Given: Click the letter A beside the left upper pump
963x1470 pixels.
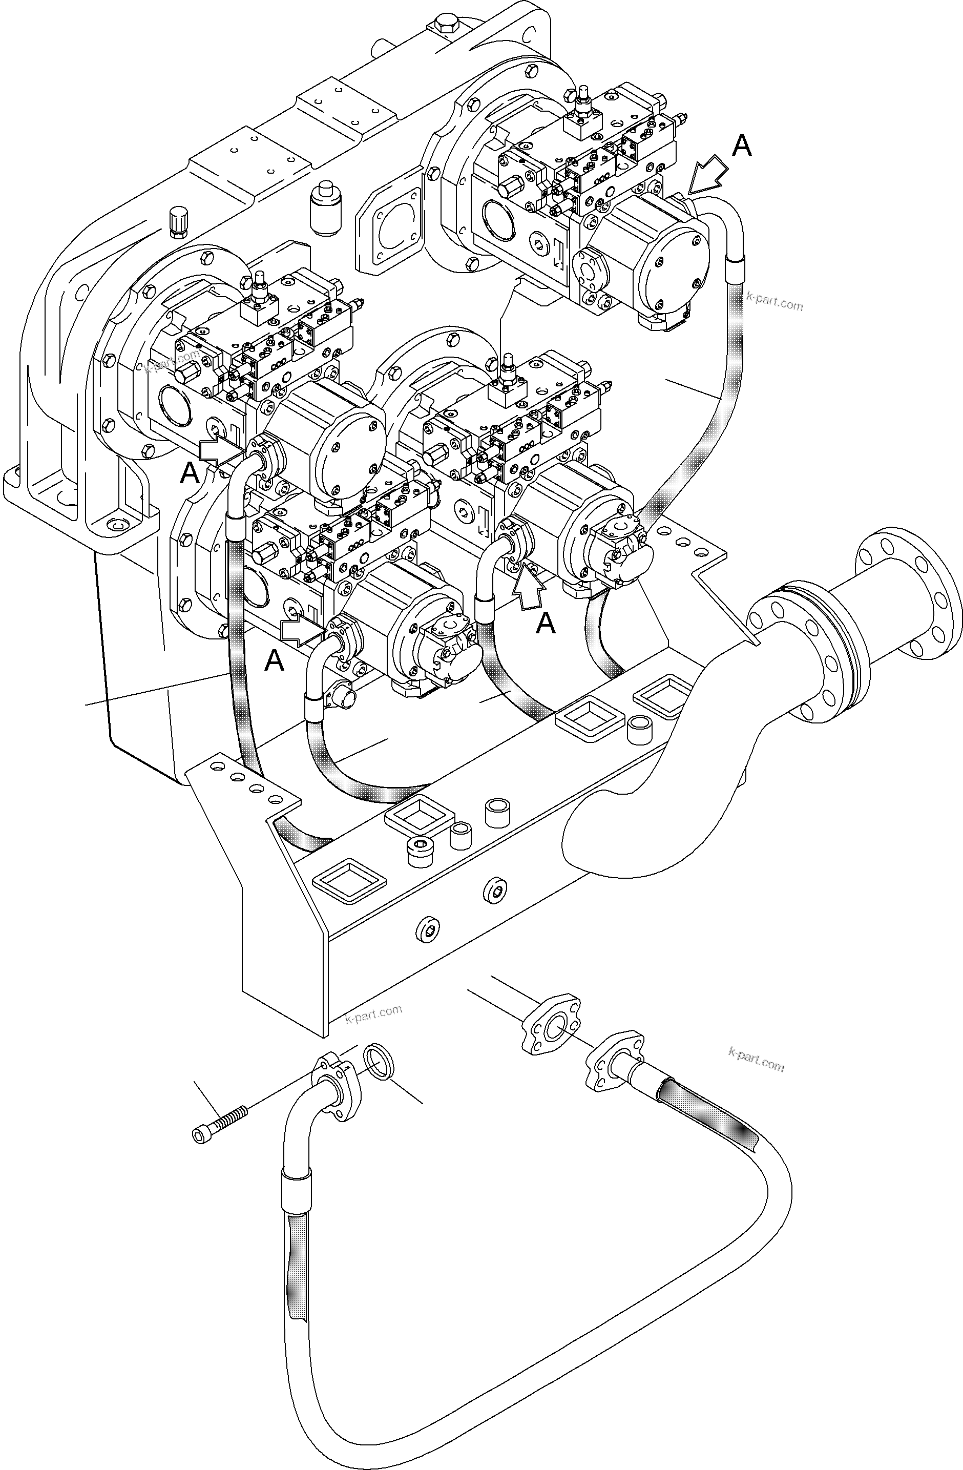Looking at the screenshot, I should (x=190, y=474).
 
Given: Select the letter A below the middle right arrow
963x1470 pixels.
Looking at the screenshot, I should (x=546, y=624).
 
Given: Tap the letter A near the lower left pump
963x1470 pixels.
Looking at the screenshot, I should (x=274, y=661).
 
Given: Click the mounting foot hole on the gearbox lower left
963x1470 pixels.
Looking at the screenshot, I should (x=115, y=524).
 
